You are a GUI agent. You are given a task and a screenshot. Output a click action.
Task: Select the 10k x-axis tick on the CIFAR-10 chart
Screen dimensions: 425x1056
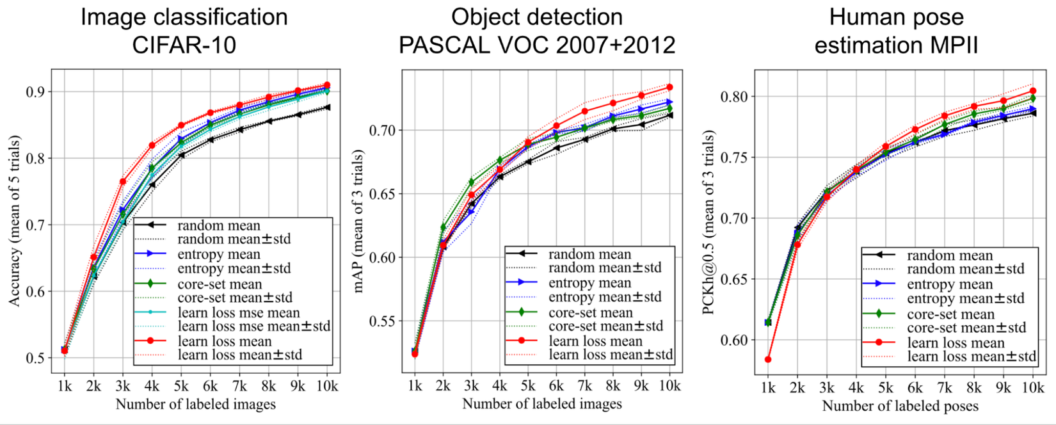[327, 386]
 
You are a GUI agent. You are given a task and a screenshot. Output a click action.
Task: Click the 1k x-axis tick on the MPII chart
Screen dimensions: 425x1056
[768, 388]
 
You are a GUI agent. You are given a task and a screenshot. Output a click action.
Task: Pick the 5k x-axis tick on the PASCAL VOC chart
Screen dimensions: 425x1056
[528, 385]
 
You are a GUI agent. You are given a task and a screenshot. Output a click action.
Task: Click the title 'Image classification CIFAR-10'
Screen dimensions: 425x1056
[184, 31]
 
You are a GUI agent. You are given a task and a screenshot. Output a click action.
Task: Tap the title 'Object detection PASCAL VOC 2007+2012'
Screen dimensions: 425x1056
[537, 31]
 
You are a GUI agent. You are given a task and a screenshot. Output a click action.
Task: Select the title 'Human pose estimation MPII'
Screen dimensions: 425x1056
[896, 31]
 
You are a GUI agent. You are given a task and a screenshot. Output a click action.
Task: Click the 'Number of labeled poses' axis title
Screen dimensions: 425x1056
[900, 406]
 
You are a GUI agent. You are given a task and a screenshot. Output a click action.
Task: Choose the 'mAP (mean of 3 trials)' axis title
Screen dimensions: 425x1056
[358, 221]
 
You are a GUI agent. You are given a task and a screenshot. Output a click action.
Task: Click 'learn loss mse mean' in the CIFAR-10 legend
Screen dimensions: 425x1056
[239, 313]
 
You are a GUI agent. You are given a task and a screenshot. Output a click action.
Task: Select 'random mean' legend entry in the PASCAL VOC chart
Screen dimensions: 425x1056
[589, 254]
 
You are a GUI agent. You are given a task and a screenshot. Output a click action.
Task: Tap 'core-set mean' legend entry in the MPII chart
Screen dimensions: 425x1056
[950, 314]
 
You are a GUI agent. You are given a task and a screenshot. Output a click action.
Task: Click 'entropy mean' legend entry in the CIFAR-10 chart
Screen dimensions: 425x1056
[219, 254]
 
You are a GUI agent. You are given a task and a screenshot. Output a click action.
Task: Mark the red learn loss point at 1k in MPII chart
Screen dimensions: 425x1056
[768, 360]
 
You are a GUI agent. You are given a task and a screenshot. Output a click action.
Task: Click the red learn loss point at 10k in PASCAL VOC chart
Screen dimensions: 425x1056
[670, 87]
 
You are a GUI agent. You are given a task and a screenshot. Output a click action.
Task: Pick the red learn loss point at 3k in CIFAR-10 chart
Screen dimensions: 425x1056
[123, 182]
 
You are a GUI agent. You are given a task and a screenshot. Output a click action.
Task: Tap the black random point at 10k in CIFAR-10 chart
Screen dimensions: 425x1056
[327, 108]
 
